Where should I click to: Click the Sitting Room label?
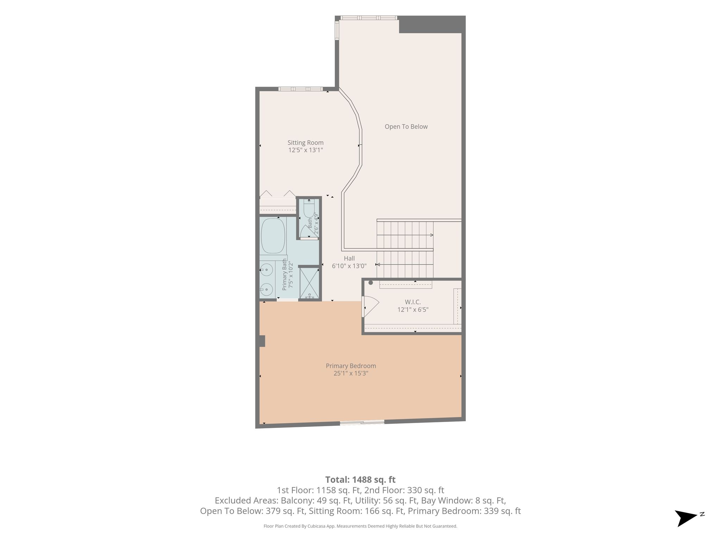click(x=305, y=143)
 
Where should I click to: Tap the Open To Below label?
click(x=406, y=126)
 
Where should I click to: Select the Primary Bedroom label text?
click(x=351, y=366)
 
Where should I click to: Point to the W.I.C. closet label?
click(x=413, y=302)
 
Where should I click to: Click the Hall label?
click(x=349, y=259)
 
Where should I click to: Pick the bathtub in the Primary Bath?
click(x=273, y=236)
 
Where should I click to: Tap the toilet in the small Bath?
click(x=309, y=209)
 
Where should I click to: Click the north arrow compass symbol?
click(x=686, y=518)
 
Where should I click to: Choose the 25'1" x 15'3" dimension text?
click(x=351, y=373)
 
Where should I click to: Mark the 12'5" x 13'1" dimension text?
click(x=306, y=150)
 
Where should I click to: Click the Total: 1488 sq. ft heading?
click(x=360, y=480)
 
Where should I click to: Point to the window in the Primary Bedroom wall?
click(x=362, y=422)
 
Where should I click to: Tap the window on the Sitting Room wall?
click(x=300, y=89)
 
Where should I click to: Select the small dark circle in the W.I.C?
click(x=370, y=282)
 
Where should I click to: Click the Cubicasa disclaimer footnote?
click(x=360, y=526)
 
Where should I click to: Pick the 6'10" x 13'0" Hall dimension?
click(x=349, y=266)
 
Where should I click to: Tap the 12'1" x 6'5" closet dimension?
click(x=413, y=310)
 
